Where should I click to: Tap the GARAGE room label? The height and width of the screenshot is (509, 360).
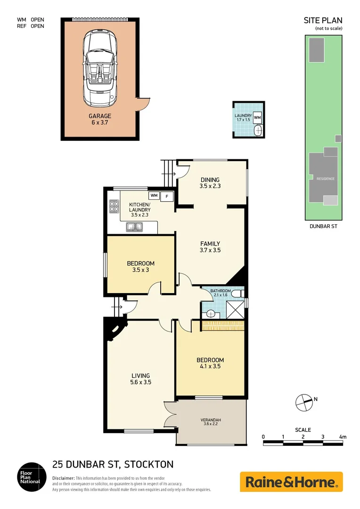tap(100, 116)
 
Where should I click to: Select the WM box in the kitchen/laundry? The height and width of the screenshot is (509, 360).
tap(154, 195)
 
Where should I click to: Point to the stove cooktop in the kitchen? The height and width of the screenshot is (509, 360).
tap(114, 206)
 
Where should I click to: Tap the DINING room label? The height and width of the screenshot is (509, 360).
tap(210, 180)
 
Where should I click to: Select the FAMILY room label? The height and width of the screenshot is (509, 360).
tap(210, 244)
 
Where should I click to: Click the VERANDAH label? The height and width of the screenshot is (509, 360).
tap(212, 420)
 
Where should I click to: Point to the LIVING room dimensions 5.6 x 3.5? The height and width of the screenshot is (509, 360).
tap(141, 383)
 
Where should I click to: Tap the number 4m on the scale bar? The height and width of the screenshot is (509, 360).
tap(343, 437)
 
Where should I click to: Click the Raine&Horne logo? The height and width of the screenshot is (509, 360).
tap(291, 482)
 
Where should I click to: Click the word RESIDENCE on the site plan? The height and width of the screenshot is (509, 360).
tap(325, 179)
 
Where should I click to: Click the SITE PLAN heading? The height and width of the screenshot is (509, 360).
tap(323, 20)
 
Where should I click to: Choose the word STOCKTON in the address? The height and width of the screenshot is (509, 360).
tap(150, 464)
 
